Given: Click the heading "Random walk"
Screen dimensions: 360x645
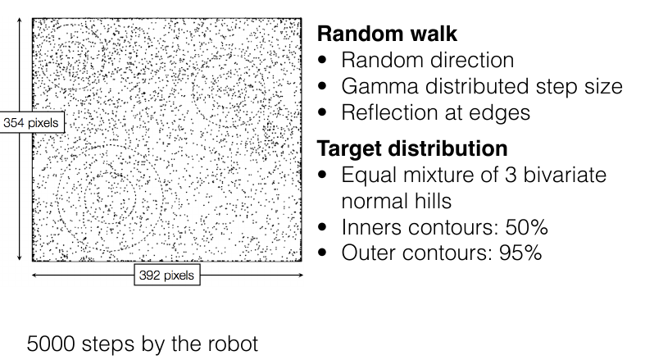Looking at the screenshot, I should pos(386,35).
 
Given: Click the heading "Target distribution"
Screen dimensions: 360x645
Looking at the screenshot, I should pos(411,149).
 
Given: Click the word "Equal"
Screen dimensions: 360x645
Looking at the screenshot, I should pos(369,176).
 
